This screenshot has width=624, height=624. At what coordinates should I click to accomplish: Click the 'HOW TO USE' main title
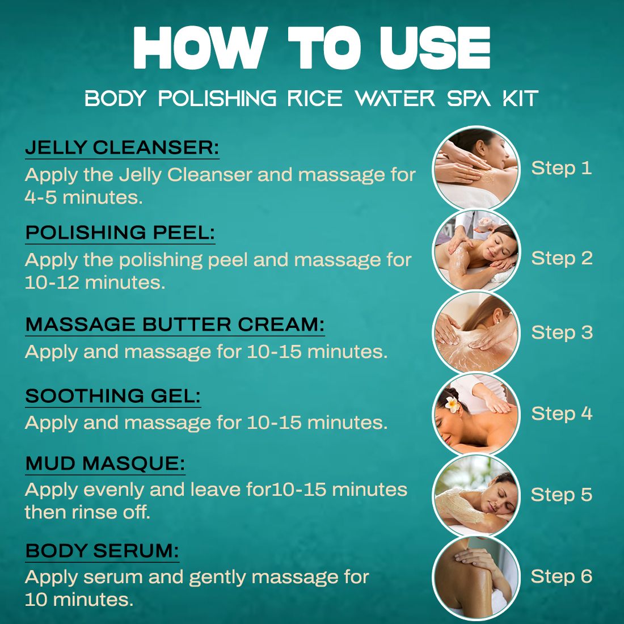pyautogui.click(x=311, y=48)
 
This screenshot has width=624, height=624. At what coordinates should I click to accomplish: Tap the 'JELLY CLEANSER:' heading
pyautogui.click(x=122, y=147)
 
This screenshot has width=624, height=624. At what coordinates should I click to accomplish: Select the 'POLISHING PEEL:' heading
pyautogui.click(x=120, y=233)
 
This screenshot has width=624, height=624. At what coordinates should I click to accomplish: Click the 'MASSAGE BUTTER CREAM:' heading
pyautogui.click(x=175, y=324)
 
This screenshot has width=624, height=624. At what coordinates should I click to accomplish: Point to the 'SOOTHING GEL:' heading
pyautogui.click(x=113, y=396)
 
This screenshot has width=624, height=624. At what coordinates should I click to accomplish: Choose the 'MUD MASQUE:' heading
pyautogui.click(x=106, y=463)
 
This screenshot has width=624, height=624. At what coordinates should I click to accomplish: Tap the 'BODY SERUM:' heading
pyautogui.click(x=102, y=551)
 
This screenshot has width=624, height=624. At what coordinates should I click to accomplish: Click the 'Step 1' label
pyautogui.click(x=562, y=168)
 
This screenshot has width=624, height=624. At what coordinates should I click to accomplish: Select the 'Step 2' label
pyautogui.click(x=562, y=258)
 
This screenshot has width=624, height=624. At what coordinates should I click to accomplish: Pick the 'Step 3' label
pyautogui.click(x=562, y=332)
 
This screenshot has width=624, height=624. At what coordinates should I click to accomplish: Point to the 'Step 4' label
pyautogui.click(x=562, y=414)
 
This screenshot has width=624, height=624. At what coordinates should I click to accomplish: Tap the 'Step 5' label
pyautogui.click(x=562, y=495)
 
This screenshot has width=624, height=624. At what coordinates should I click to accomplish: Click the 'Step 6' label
pyautogui.click(x=562, y=577)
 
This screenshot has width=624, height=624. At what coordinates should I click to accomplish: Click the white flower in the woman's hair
pyautogui.click(x=452, y=404)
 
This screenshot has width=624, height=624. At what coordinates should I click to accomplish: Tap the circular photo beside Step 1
pyautogui.click(x=476, y=169)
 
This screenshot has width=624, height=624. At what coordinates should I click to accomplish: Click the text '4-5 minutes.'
pyautogui.click(x=83, y=197)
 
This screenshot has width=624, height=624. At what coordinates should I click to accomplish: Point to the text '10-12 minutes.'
pyautogui.click(x=95, y=283)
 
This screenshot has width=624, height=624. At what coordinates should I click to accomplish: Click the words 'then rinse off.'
pyautogui.click(x=87, y=512)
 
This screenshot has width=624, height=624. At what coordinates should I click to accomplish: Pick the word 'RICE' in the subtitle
pyautogui.click(x=314, y=99)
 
